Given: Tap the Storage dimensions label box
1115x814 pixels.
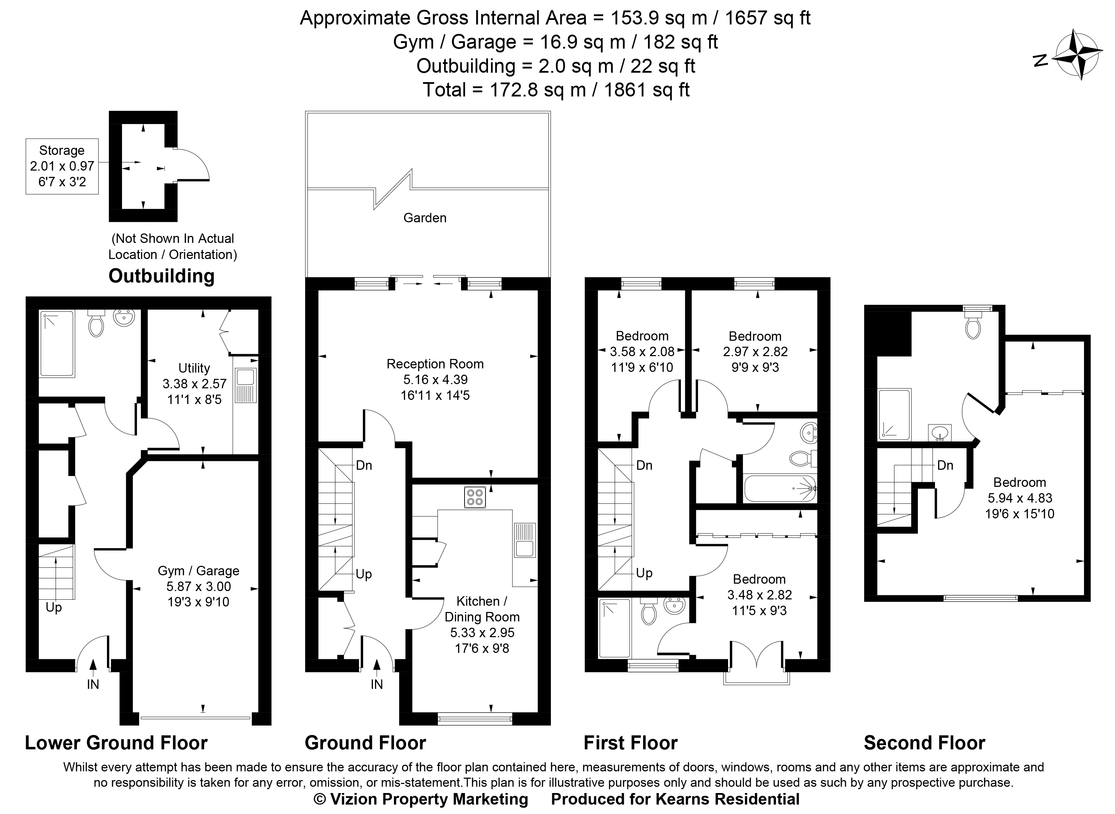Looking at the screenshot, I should [x=62, y=166].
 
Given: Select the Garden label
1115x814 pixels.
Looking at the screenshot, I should [x=425, y=218].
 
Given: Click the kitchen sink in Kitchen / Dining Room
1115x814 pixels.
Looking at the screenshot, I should [x=525, y=540].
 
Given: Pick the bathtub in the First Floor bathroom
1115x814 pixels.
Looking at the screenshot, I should [x=780, y=488].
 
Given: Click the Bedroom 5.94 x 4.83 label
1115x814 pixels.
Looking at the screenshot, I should [x=1020, y=498].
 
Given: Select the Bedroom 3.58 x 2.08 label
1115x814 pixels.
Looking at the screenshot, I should [x=642, y=352].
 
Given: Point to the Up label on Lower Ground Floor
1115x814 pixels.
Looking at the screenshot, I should [x=54, y=607].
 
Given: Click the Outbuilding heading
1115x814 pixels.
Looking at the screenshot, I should [x=161, y=276].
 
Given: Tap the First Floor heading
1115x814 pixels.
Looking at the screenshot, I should [x=631, y=743].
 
